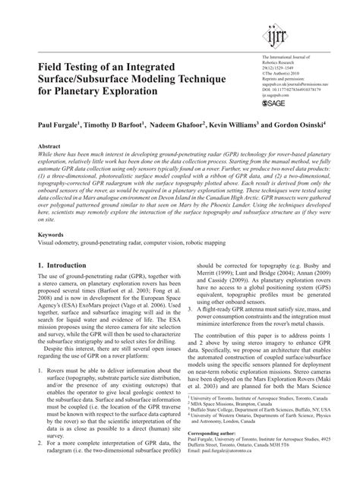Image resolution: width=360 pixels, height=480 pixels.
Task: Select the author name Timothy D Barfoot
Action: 120,122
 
